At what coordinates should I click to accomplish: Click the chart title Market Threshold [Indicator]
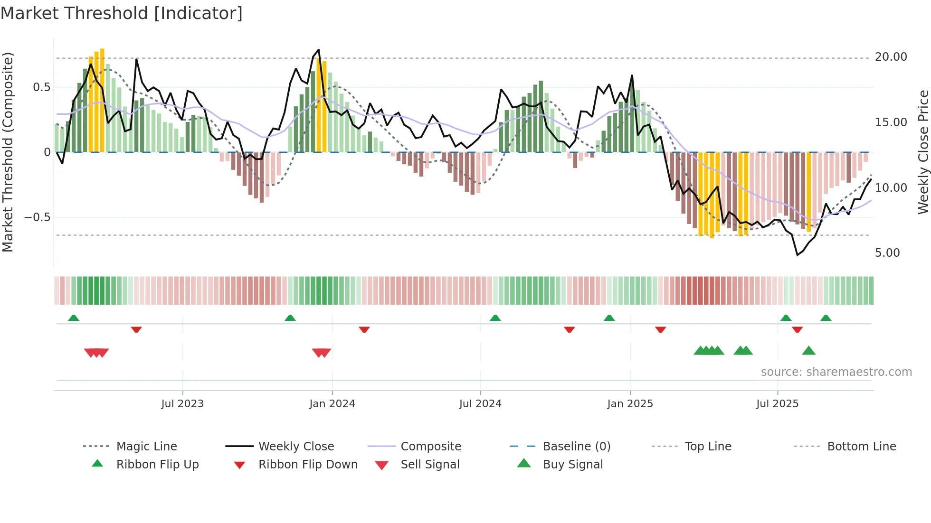[122, 13]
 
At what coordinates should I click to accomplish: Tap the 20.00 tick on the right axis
[891, 57]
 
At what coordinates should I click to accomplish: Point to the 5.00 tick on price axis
[887, 253]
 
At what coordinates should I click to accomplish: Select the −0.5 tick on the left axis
[37, 217]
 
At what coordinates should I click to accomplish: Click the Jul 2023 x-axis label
[182, 404]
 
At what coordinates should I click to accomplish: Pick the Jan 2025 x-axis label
[630, 404]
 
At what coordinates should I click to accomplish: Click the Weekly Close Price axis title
[923, 152]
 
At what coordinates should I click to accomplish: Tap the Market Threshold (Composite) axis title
[8, 152]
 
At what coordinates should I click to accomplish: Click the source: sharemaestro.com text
[836, 372]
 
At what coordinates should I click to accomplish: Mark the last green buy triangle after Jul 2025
[808, 351]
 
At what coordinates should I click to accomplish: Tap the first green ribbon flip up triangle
[74, 318]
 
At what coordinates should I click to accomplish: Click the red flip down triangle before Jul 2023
[136, 329]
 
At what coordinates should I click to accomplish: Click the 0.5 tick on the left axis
[41, 87]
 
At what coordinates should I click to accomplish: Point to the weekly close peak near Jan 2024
[318, 50]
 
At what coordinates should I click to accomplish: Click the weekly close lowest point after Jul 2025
[798, 255]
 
